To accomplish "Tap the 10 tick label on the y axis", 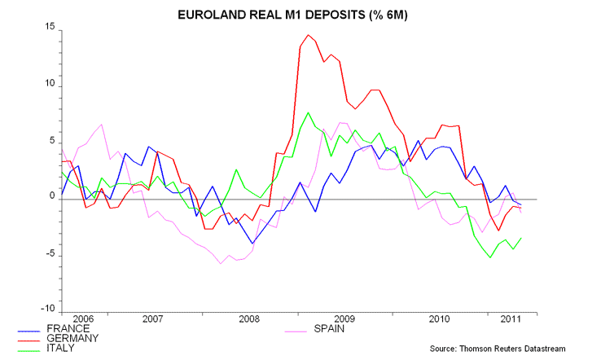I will (x=48, y=85).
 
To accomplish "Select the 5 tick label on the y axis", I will (x=50, y=141).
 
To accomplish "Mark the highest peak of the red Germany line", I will (x=309, y=35).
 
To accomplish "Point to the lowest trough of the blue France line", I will (x=252, y=244).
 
